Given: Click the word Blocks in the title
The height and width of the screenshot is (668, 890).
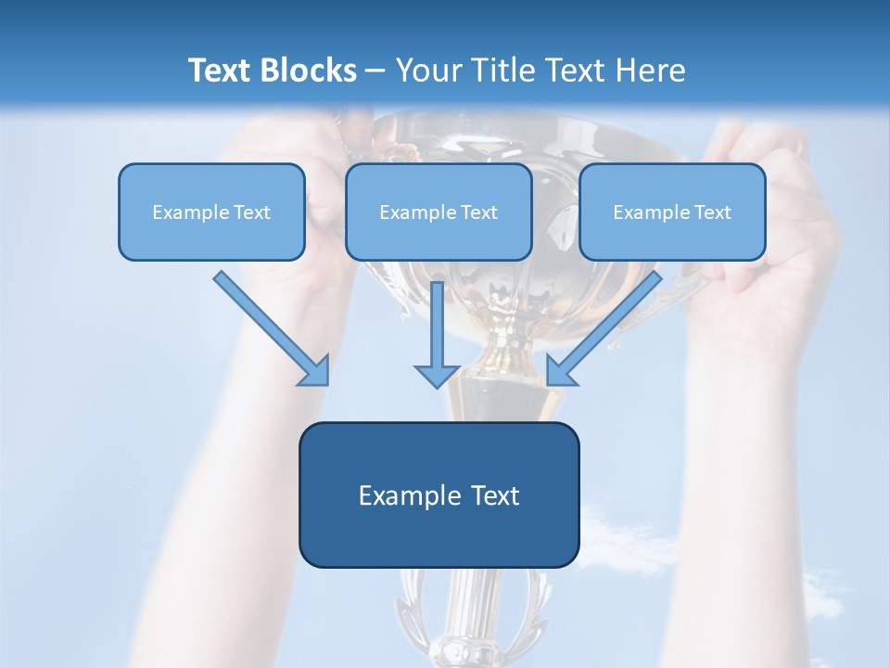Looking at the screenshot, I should click(310, 71).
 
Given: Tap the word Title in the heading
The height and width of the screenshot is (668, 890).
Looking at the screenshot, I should click(504, 71).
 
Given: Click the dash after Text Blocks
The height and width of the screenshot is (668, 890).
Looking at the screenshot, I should click(375, 71).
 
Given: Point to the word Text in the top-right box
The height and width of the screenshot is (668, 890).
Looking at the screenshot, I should click(712, 212).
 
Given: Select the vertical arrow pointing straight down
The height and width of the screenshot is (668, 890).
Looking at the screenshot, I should click(437, 329).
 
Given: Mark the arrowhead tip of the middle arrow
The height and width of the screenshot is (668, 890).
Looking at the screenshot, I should click(437, 386).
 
